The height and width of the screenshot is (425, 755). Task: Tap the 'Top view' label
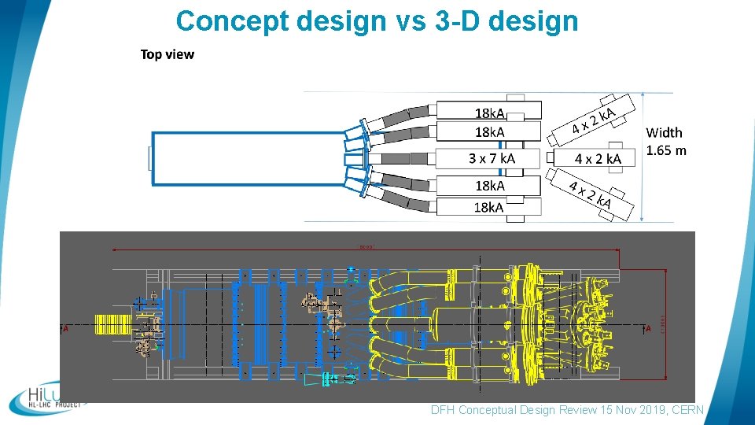(167, 54)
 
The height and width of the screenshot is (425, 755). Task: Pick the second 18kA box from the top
(488, 131)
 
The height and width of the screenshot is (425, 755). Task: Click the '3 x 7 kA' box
(488, 158)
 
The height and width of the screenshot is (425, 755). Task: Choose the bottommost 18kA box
(488, 207)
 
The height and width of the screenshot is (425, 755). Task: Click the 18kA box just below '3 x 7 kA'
(488, 186)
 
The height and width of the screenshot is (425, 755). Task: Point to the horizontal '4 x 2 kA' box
(598, 158)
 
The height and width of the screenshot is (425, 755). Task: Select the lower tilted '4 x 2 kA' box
(592, 195)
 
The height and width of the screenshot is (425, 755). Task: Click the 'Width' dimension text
(665, 133)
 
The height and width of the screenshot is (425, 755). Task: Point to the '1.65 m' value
(666, 150)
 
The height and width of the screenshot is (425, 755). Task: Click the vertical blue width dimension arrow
(643, 157)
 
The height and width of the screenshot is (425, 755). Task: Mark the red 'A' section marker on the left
(65, 329)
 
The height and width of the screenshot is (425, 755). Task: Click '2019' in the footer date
(641, 410)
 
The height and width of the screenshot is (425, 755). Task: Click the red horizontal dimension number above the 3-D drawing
(366, 246)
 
